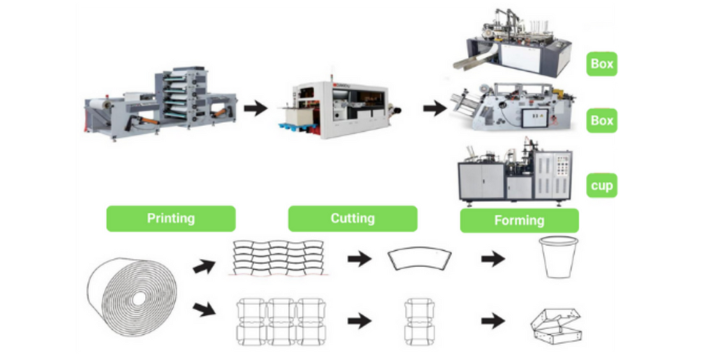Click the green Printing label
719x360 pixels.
(171, 219)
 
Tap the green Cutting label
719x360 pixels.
(352, 219)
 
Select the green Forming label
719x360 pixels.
(519, 221)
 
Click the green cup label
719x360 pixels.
(602, 186)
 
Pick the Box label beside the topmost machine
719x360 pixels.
(602, 64)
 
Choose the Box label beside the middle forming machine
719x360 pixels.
(602, 121)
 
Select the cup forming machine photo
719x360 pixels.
(515, 175)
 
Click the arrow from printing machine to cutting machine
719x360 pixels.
(256, 108)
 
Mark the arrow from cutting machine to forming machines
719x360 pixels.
(435, 108)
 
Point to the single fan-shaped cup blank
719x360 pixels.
(419, 258)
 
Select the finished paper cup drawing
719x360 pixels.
(558, 257)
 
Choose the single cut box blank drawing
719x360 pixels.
(419, 320)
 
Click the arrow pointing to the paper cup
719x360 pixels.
(492, 259)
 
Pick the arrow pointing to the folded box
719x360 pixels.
(492, 320)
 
